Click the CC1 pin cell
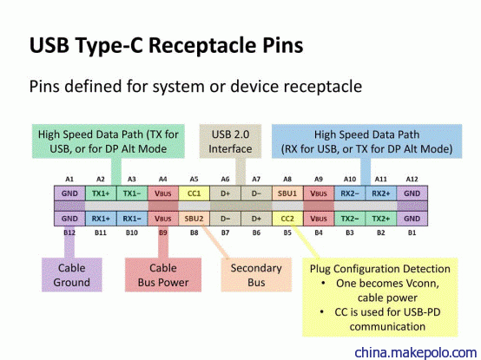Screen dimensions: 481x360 (194, 193)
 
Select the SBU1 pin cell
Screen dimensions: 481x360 (287, 193)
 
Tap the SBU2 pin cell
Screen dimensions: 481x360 (194, 219)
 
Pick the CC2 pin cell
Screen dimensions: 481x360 (287, 219)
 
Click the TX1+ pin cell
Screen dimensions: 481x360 (101, 193)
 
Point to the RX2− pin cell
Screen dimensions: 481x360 (350, 193)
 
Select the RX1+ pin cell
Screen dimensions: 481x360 (101, 219)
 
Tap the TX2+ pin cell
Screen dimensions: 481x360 (381, 219)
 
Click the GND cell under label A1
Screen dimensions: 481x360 (69, 193)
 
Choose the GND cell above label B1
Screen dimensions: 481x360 (412, 219)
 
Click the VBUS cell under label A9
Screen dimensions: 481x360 (319, 193)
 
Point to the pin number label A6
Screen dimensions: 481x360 (225, 179)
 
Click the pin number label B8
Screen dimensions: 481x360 (194, 232)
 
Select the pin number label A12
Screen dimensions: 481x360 (412, 179)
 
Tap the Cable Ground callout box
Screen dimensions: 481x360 (72, 275)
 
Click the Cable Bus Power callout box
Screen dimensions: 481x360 (163, 275)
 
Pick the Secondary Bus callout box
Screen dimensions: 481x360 (256, 275)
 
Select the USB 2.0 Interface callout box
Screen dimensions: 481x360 (230, 141)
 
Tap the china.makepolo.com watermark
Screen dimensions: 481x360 (416, 353)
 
